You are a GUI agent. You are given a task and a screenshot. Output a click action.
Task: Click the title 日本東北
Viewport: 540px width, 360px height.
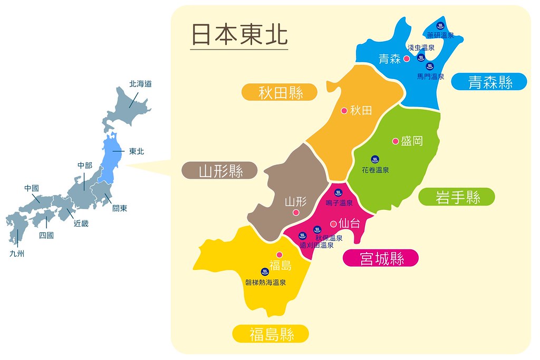pos(239,35)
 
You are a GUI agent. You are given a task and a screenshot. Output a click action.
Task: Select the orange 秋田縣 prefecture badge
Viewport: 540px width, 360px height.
pos(280,93)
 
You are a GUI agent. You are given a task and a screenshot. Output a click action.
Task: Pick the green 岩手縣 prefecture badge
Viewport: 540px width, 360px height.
pos(457,197)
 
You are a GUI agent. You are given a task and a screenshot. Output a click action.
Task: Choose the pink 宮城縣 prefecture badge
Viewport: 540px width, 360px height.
pos(381,258)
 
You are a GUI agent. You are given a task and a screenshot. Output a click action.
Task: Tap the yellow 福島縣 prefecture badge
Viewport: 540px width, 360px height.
pos(271,333)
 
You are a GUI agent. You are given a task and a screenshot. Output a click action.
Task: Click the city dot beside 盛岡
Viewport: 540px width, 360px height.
pos(395,141)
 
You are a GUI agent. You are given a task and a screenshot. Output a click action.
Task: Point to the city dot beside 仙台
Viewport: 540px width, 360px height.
pos(333,223)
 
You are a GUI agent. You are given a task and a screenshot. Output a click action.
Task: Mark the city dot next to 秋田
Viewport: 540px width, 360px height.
pos(344,111)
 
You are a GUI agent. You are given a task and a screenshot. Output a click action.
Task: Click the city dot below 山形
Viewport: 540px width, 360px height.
pos(296,212)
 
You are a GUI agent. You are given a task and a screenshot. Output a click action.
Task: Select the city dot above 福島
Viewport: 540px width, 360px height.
pos(279,254)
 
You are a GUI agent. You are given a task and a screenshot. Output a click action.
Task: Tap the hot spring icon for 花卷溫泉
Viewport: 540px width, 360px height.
pos(375,159)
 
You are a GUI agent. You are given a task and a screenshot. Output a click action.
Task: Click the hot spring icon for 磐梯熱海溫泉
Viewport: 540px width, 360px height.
pos(265,271)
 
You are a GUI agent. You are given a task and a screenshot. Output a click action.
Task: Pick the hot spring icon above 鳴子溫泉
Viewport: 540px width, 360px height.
pos(339,192)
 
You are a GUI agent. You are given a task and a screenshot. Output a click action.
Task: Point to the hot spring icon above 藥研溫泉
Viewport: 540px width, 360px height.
pos(440,25)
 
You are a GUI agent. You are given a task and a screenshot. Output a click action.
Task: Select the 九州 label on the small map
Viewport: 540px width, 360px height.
pos(17,254)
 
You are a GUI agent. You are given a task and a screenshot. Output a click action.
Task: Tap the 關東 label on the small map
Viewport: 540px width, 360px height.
pos(120,208)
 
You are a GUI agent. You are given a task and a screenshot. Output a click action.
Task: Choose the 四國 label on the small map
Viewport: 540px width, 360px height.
pos(46,236)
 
